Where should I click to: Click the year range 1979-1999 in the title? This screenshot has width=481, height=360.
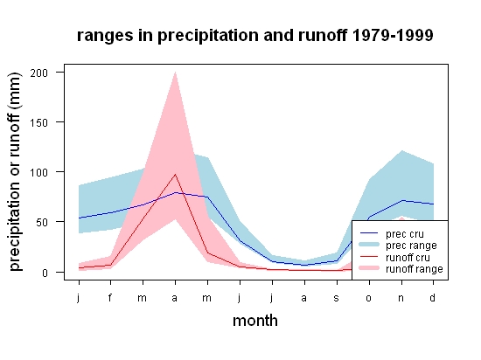click(x=393, y=35)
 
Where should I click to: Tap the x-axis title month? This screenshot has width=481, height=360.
click(x=255, y=321)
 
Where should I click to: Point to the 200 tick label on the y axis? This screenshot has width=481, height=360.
click(x=39, y=73)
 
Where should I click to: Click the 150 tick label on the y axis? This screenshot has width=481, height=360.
click(x=39, y=123)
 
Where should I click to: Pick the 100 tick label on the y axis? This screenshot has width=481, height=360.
click(x=39, y=172)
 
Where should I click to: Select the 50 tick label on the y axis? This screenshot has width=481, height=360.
click(x=42, y=223)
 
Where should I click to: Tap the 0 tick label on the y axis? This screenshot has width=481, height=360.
click(x=45, y=273)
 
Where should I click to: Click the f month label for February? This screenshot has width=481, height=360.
click(x=110, y=297)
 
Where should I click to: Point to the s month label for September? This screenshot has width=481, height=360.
click(x=337, y=298)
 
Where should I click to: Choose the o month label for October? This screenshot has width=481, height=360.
click(x=369, y=298)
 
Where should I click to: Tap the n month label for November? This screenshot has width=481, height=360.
click(x=401, y=298)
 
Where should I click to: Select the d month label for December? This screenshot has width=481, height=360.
click(x=433, y=297)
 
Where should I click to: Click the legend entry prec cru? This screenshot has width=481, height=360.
click(x=392, y=234)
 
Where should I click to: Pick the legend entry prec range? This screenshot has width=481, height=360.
click(x=399, y=246)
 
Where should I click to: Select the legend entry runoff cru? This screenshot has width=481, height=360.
click(x=395, y=258)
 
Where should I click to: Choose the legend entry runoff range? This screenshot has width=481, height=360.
click(x=401, y=269)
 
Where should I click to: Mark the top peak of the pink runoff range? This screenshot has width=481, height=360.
click(x=175, y=72)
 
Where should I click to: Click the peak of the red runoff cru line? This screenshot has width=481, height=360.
click(x=175, y=175)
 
